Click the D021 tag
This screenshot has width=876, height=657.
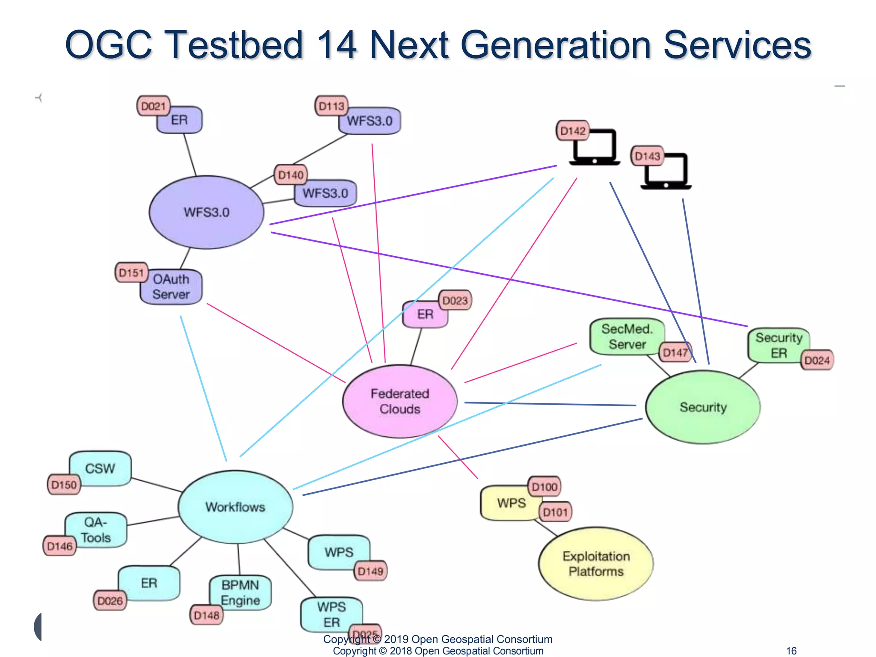(153, 106)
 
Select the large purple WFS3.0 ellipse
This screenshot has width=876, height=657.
(207, 212)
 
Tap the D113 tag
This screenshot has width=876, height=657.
(331, 106)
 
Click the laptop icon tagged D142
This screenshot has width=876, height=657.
(595, 148)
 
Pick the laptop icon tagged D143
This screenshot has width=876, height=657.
(666, 172)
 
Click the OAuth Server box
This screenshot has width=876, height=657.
(171, 287)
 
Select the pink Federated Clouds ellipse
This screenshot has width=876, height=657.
(400, 401)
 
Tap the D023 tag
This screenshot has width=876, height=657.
(455, 300)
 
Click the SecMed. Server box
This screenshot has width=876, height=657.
(627, 337)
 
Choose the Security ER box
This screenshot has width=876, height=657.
(778, 345)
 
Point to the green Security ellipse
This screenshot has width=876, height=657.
(703, 407)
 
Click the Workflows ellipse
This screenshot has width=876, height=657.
(235, 507)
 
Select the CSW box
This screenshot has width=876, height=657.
(101, 468)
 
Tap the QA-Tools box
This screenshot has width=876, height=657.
(96, 530)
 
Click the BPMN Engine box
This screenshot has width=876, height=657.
(240, 592)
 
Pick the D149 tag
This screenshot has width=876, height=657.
(370, 571)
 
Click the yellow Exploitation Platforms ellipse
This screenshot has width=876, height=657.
(596, 564)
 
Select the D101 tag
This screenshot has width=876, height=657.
(555, 512)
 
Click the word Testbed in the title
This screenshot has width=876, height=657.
(234, 45)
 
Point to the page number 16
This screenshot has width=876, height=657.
(791, 651)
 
